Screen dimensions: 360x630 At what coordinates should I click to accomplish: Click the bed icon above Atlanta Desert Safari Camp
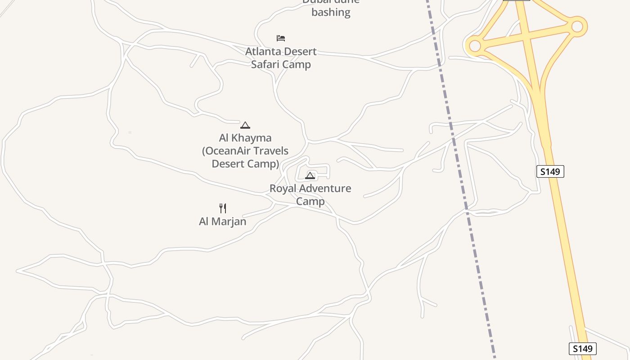(281, 38)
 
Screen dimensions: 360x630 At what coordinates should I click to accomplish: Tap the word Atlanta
(262, 52)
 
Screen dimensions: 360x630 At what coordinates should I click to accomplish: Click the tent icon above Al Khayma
(245, 125)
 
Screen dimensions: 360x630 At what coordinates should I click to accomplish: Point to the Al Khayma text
(245, 138)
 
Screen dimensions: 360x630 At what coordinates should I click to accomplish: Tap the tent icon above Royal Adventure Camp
(310, 175)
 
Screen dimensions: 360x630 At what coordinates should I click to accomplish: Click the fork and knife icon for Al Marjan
(223, 208)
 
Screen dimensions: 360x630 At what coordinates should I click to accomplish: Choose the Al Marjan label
(223, 221)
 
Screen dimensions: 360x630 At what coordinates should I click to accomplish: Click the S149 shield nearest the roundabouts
(550, 171)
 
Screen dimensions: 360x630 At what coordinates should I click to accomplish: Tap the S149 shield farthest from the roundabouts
(583, 349)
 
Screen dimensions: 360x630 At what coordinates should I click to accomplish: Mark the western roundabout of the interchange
(475, 45)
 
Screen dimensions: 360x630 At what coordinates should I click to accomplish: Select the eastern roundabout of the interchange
(577, 27)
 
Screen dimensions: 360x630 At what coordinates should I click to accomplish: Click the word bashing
(331, 12)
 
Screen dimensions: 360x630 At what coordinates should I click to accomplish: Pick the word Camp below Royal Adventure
(310, 201)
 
